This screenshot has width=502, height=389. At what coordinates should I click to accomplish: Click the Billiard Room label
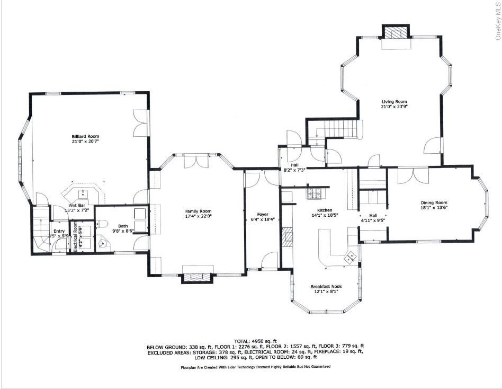[x=85, y=136]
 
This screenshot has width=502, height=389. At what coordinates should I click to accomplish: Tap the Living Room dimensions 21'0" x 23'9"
[x=394, y=107]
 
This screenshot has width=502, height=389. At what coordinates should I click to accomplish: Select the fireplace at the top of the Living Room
[x=396, y=33]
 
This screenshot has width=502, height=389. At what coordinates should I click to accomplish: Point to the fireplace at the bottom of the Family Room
[x=197, y=277]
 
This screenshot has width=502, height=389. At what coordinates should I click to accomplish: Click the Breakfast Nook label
[x=326, y=287]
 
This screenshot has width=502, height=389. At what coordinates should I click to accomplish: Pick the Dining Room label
[x=434, y=203]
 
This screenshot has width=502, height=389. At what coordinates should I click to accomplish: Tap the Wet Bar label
[x=77, y=206]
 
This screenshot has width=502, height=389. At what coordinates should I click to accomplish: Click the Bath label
[x=115, y=226]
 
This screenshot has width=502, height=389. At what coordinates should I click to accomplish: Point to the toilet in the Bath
[x=104, y=243]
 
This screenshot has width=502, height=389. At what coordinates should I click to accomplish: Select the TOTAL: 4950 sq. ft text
[x=255, y=341]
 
